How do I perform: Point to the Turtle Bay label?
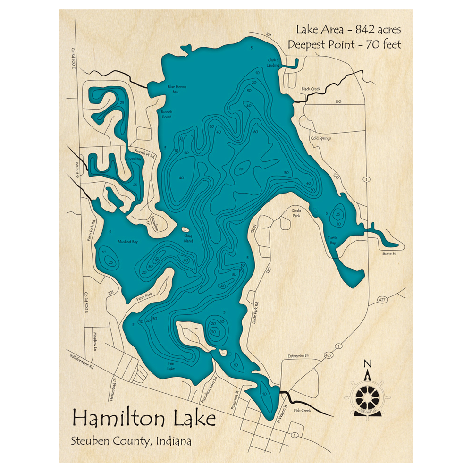pyautogui.click(x=333, y=241)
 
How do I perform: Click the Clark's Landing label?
pyautogui.click(x=273, y=63)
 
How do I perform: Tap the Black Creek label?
pyautogui.click(x=311, y=89)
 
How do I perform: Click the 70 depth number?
pyautogui.click(x=240, y=169)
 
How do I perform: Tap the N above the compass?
pyautogui.click(x=367, y=363)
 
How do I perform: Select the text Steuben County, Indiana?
pyautogui.click(x=131, y=442)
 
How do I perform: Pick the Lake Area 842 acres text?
pyautogui.click(x=348, y=30)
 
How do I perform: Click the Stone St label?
pyautogui.click(x=390, y=254)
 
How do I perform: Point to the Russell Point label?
pyautogui.click(x=166, y=114)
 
